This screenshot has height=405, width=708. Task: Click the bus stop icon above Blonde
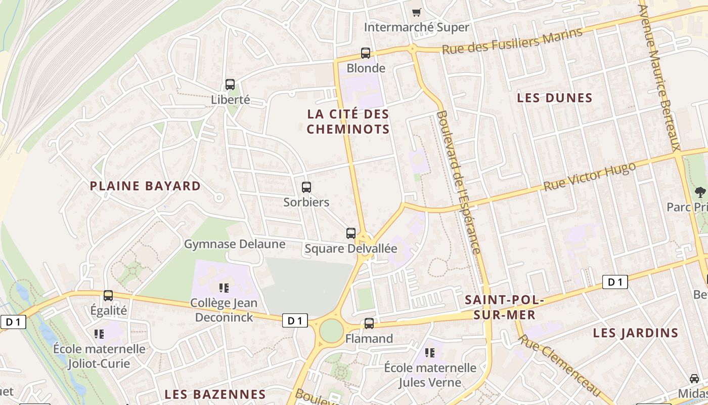365,53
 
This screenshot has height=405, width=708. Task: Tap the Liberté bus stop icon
230,85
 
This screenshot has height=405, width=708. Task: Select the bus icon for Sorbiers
306,187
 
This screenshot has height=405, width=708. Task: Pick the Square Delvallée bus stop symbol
351,233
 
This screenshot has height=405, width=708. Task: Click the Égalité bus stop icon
108,295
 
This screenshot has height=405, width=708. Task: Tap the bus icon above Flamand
369,323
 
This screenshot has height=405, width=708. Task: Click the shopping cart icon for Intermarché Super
416,12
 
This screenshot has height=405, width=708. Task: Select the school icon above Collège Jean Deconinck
224,288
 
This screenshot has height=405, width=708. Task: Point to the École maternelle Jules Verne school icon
430,352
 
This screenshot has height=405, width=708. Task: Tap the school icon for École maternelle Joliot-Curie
99,334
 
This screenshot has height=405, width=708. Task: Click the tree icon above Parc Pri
700,192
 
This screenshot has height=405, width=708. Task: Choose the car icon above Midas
695,378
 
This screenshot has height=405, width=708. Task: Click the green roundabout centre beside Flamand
331,331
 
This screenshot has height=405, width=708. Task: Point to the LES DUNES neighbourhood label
554,98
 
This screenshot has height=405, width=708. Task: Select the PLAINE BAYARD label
145,186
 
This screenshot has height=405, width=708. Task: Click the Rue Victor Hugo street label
589,177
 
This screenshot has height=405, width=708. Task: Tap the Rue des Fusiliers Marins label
512,42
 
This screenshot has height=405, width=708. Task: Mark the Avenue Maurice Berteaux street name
659,76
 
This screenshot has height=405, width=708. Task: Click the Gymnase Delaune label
235,245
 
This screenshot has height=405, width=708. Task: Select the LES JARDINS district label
635,333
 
